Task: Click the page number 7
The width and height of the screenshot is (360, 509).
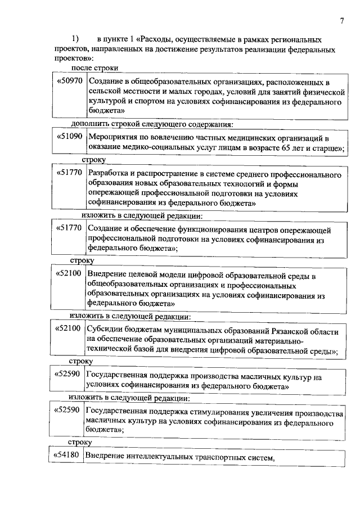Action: coord(341,21)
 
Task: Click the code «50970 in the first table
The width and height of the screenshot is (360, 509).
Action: coord(70,82)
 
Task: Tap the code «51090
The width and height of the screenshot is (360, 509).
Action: coord(70,137)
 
